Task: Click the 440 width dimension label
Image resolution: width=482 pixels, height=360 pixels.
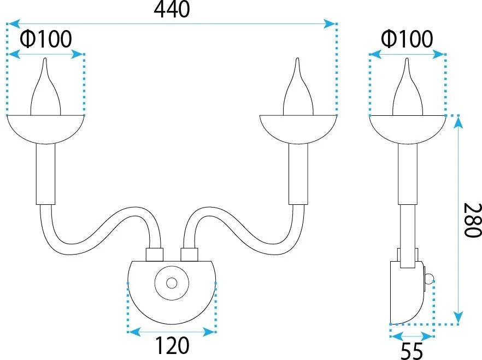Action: click(172, 9)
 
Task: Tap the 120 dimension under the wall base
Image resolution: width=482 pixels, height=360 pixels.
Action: click(172, 346)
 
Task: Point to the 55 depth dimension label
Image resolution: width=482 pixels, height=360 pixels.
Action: click(412, 351)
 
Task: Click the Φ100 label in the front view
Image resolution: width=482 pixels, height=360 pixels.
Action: click(46, 39)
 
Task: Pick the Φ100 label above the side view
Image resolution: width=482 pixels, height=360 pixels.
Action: click(407, 39)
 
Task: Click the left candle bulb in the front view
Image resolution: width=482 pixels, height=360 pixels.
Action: click(45, 87)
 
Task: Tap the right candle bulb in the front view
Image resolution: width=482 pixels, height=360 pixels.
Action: click(298, 87)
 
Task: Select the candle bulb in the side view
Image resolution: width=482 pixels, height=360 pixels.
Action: click(408, 87)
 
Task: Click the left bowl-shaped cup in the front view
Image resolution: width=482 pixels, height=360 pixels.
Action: click(45, 129)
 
